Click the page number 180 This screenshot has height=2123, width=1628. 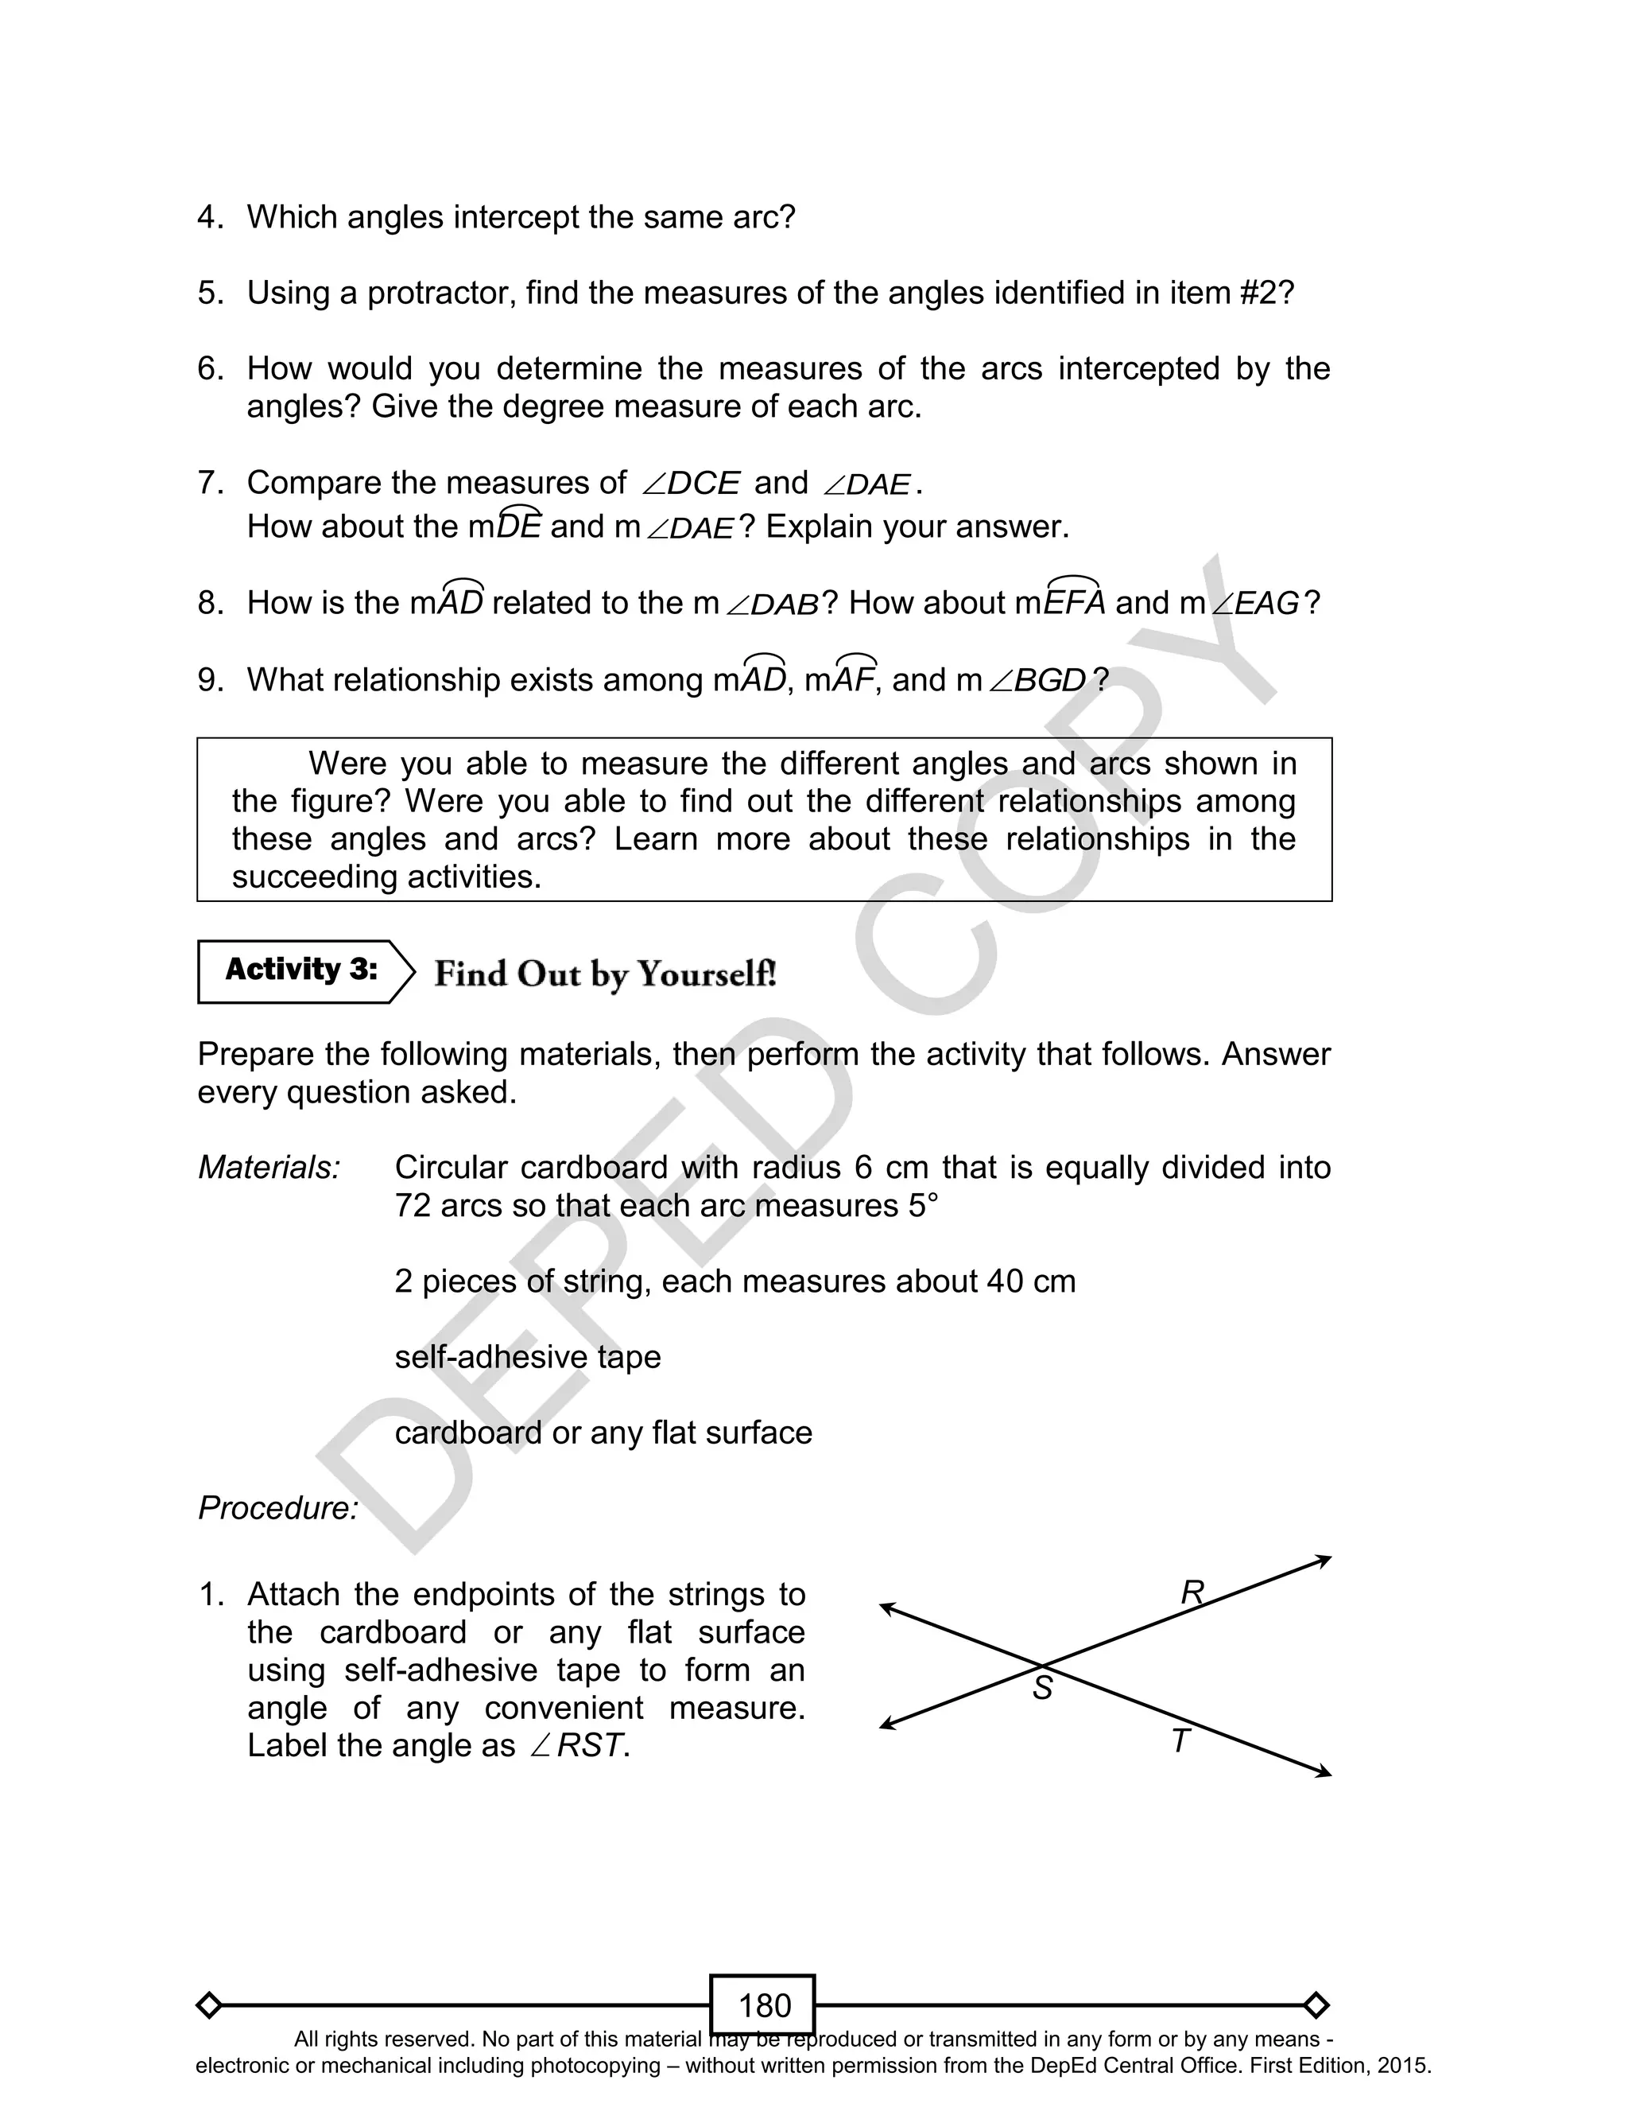coord(764,2004)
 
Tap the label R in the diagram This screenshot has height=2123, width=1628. coord(1192,1592)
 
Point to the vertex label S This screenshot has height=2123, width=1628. coord(1041,1689)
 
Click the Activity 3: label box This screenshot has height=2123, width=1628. coord(301,970)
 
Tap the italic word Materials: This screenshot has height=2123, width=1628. coord(269,1167)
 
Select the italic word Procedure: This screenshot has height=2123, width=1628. coord(278,1507)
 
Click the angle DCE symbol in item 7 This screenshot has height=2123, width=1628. coord(691,483)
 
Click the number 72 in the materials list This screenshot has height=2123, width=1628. coord(412,1205)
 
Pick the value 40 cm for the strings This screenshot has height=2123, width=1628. coord(1031,1281)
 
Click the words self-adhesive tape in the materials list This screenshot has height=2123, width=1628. coord(527,1356)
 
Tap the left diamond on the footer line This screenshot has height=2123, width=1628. coord(208,2004)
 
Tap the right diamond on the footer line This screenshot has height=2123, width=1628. coord(1316,2004)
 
